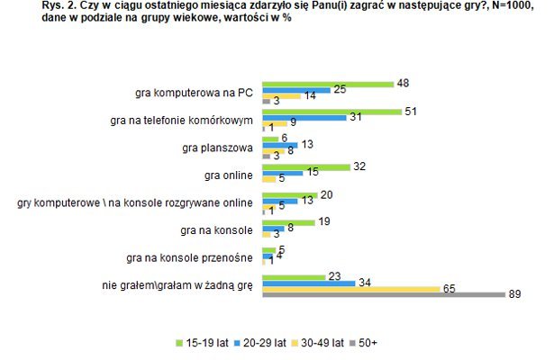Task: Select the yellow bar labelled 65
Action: coord(350,288)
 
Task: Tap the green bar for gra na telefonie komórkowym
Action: coord(331,111)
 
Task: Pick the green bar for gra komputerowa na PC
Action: coord(327,83)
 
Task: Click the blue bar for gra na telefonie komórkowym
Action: coord(304,118)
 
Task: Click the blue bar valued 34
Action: coord(306,281)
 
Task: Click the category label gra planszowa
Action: coord(223,146)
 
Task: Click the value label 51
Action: coord(410,110)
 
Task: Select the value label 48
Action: coord(404,83)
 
